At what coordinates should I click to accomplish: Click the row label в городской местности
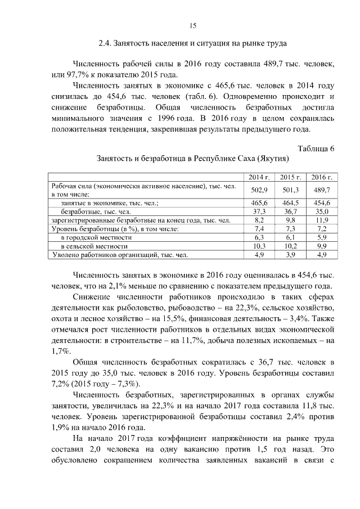(x=95, y=237)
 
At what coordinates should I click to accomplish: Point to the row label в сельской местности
(x=94, y=246)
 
